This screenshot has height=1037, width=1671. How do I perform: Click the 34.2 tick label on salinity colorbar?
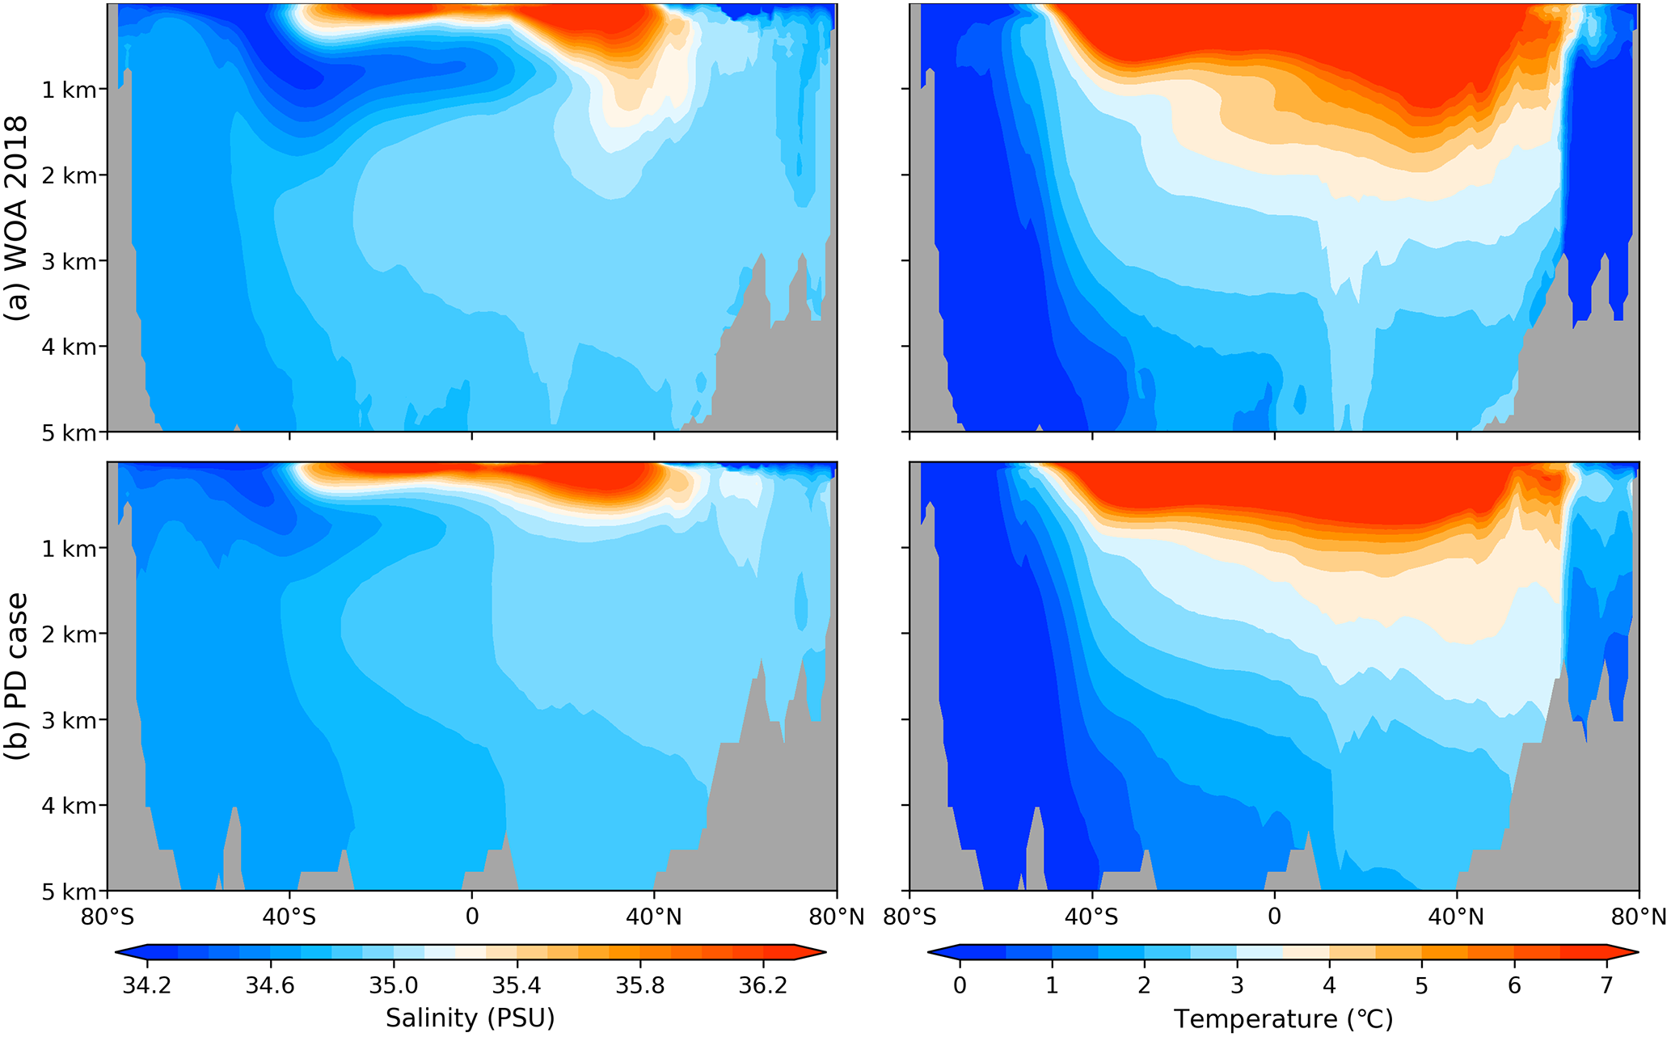pyautogui.click(x=147, y=986)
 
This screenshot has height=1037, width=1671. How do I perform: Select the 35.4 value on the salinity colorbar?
pyautogui.click(x=517, y=986)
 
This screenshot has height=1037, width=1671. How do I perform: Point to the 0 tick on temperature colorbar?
pyautogui.click(x=960, y=986)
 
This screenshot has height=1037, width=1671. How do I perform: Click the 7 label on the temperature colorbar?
pyautogui.click(x=1606, y=986)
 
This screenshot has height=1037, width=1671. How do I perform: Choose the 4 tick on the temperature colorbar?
pyautogui.click(x=1329, y=986)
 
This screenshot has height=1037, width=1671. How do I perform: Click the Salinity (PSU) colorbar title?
pyautogui.click(x=470, y=1018)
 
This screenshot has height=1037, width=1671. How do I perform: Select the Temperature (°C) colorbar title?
pyautogui.click(x=1283, y=1018)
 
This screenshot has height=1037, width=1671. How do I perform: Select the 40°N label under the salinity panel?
pyautogui.click(x=653, y=916)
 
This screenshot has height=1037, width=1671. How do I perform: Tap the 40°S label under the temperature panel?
pyautogui.click(x=1091, y=916)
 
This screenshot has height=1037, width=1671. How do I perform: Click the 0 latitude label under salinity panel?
pyautogui.click(x=471, y=916)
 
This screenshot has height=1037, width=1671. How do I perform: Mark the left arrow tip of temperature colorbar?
pyautogui.click(x=930, y=953)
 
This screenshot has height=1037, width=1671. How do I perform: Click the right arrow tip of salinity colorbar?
pyautogui.click(x=825, y=953)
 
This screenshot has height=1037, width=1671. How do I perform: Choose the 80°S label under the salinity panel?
pyautogui.click(x=107, y=916)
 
